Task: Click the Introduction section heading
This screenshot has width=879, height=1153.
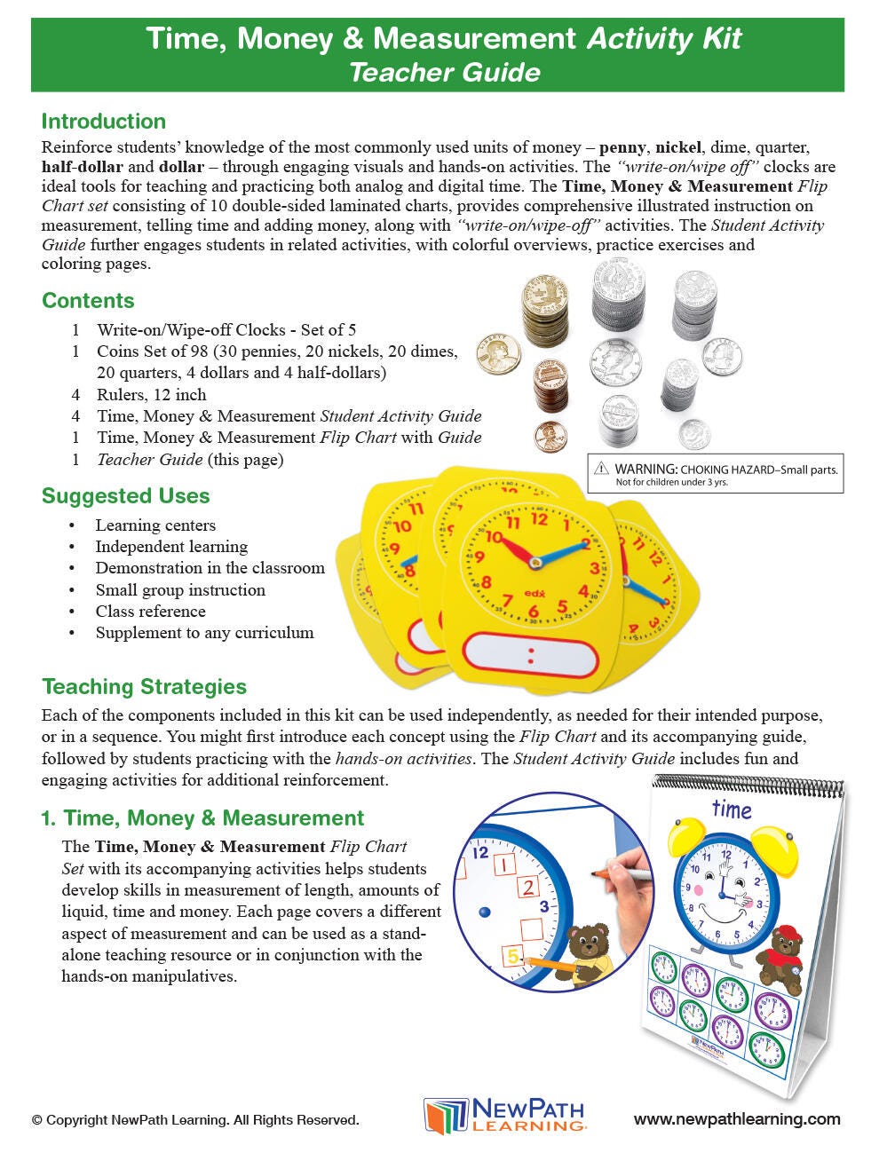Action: [x=104, y=122]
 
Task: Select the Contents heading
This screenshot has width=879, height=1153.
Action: [x=88, y=300]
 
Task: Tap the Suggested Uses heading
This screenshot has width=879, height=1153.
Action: [x=126, y=496]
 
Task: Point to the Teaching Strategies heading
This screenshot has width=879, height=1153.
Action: [x=144, y=686]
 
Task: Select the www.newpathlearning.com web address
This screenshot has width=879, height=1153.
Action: [x=737, y=1119]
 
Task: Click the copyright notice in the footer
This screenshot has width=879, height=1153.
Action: [x=195, y=1120]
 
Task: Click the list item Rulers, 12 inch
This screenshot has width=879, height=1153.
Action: [x=151, y=395]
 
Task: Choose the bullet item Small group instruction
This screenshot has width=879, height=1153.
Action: [x=180, y=589]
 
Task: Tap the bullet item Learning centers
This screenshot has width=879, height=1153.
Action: [x=155, y=525]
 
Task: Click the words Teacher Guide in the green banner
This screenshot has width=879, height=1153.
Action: [x=444, y=71]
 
